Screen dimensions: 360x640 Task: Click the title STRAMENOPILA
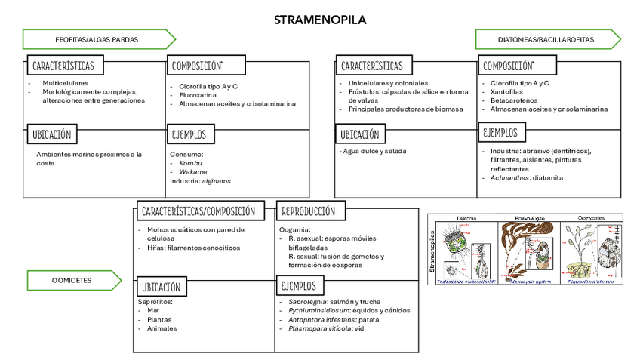(320, 20)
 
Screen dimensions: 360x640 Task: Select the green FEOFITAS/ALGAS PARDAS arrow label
(97, 38)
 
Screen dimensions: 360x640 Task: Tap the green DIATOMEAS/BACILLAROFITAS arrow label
(546, 38)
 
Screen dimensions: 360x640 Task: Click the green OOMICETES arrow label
(72, 280)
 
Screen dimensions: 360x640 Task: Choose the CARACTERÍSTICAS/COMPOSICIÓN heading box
(198, 211)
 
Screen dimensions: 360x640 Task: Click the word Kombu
(190, 163)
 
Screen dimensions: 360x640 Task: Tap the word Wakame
(193, 172)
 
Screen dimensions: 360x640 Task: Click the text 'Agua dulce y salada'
(374, 151)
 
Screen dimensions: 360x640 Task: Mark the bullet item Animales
(162, 328)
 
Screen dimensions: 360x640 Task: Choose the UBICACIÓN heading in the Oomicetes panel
(162, 287)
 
